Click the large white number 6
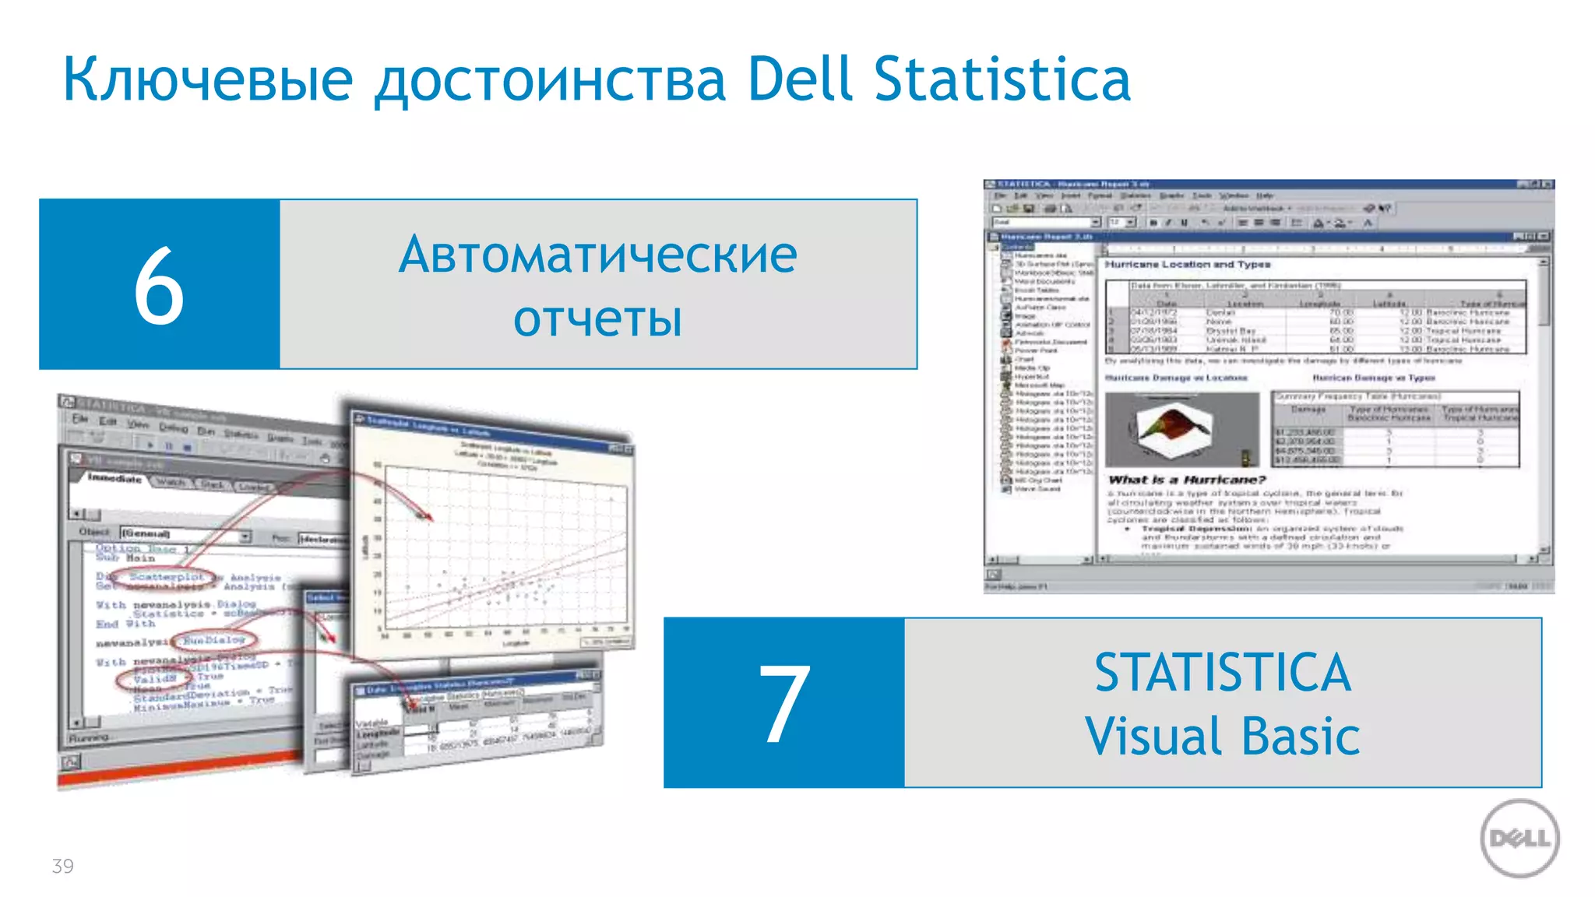pyautogui.click(x=159, y=285)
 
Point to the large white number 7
pyautogui.click(x=784, y=702)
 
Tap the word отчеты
pyautogui.click(x=598, y=318)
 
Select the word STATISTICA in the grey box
pyautogui.click(x=1222, y=673)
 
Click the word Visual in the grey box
pyautogui.click(x=1153, y=736)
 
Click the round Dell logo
pyautogui.click(x=1519, y=839)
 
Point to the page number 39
pyautogui.click(x=62, y=866)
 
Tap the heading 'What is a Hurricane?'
pyautogui.click(x=1187, y=480)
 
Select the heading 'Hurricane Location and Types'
pyautogui.click(x=1187, y=265)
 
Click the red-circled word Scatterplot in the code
pyautogui.click(x=166, y=577)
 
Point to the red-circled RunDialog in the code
pyautogui.click(x=214, y=640)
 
